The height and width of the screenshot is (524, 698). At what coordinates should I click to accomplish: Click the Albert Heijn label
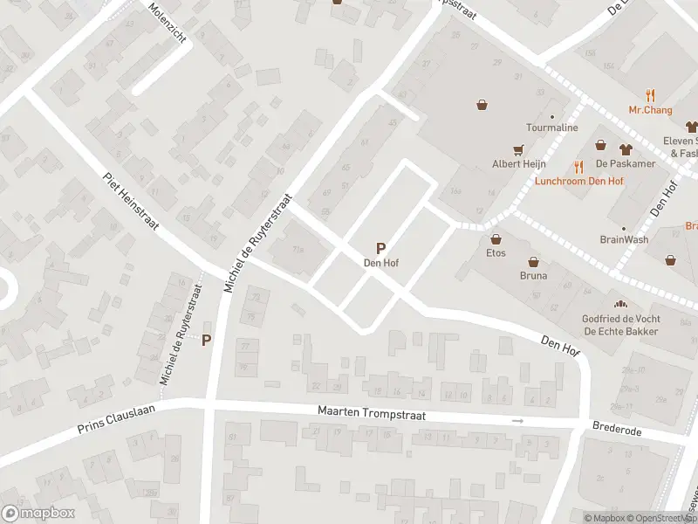click(x=518, y=163)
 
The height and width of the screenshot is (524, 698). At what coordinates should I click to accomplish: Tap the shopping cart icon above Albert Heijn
click(x=520, y=148)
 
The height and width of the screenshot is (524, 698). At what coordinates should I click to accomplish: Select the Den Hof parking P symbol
click(x=380, y=248)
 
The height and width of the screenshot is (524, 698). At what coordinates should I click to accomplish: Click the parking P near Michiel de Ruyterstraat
click(x=207, y=340)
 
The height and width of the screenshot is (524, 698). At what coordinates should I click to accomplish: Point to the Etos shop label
click(x=496, y=253)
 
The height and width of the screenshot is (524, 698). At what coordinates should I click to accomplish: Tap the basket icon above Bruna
click(x=533, y=261)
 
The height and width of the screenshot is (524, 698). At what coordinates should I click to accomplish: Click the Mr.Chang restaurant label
click(x=650, y=110)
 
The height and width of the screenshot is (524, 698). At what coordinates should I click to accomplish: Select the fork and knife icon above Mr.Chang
click(x=650, y=95)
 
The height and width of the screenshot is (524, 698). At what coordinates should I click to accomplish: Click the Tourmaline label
click(x=551, y=128)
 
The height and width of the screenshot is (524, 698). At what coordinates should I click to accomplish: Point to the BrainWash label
click(x=623, y=239)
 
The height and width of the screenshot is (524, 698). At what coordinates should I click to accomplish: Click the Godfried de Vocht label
click(x=620, y=319)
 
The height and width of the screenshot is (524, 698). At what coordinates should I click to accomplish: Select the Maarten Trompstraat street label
click(x=371, y=412)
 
